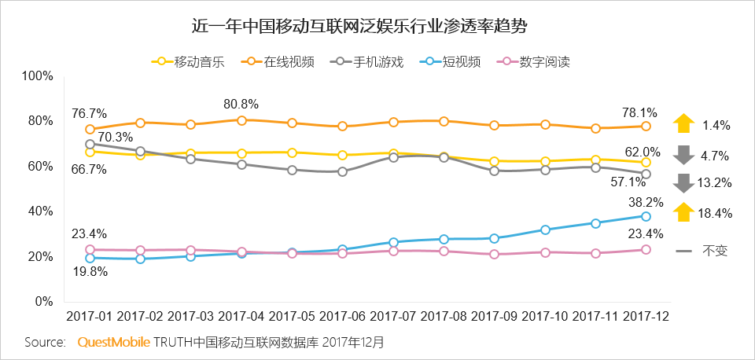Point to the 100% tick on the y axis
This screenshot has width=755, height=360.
(x=37, y=76)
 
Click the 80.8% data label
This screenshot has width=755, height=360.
(x=241, y=104)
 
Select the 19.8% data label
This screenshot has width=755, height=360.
(x=90, y=272)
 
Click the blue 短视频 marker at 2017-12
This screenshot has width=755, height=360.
(x=646, y=216)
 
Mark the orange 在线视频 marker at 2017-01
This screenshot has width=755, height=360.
(x=90, y=129)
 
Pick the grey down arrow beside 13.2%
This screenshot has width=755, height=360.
(x=683, y=182)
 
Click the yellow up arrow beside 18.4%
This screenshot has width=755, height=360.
(x=683, y=212)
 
